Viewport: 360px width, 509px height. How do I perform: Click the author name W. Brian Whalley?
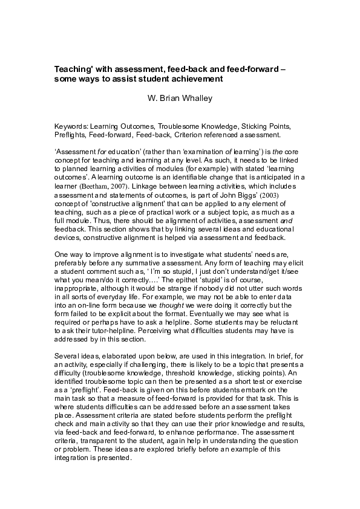180,97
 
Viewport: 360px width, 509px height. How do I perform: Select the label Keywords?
72,126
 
